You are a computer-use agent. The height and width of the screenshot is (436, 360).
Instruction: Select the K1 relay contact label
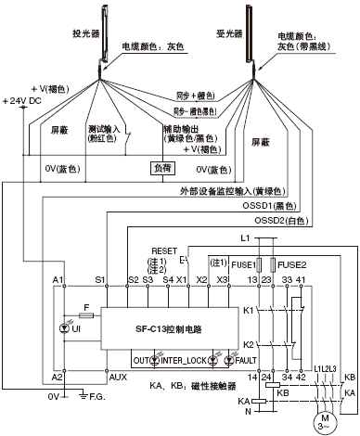[249, 313]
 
